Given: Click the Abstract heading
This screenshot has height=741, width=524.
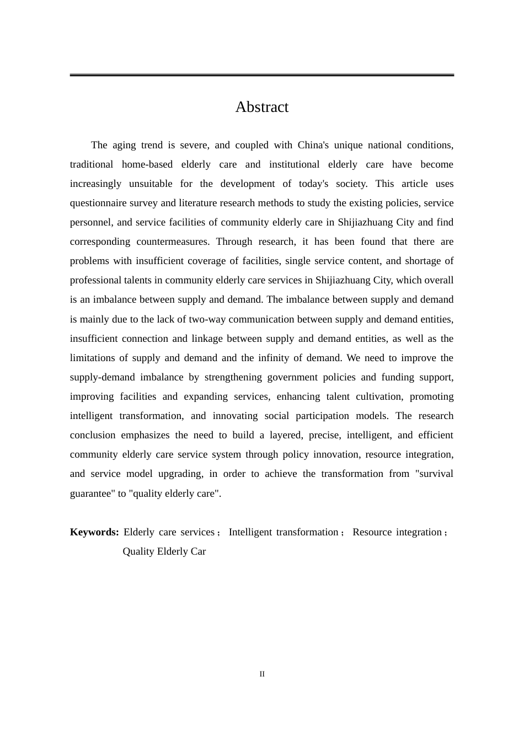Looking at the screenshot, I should (x=261, y=107).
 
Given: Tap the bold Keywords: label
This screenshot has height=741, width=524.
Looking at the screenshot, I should (x=94, y=532).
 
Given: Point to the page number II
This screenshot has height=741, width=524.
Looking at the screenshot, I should (x=262, y=674).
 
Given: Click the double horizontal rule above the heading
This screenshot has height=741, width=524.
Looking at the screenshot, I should (x=261, y=75).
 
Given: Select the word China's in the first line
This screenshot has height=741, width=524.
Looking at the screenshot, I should (x=313, y=145).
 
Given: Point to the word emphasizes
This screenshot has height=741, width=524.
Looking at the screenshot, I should (x=146, y=435).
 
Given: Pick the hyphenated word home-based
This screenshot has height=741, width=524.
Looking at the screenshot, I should (x=147, y=164).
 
